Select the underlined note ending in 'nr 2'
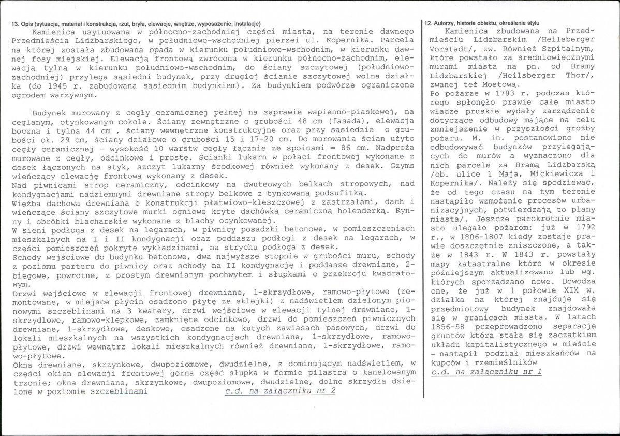click(x=280, y=391)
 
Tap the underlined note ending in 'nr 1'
click(x=486, y=372)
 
